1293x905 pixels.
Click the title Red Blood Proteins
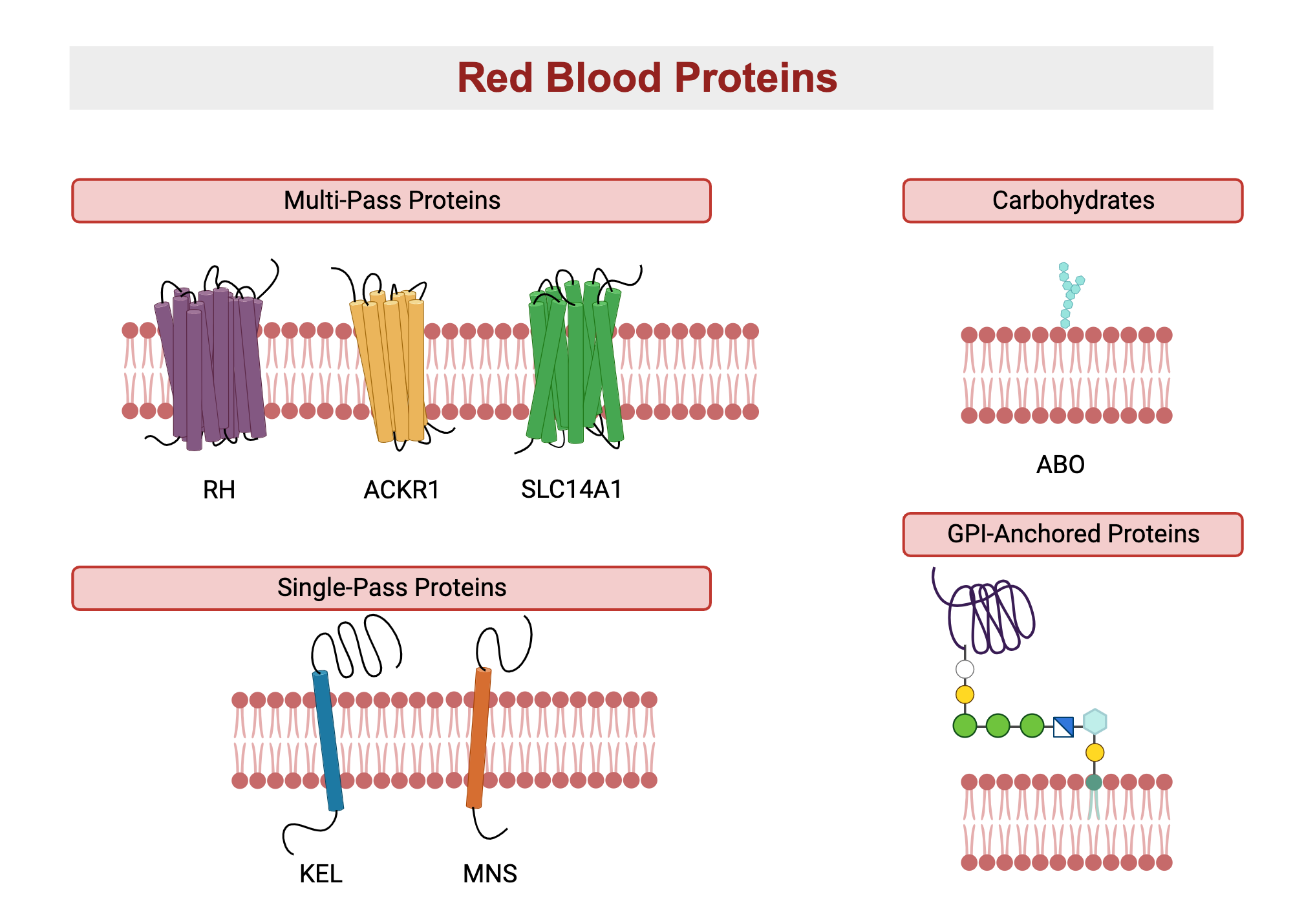(x=646, y=78)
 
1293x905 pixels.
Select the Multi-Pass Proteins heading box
(x=391, y=201)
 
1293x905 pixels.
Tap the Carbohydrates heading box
(x=1073, y=201)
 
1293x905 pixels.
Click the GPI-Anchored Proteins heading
(x=1073, y=535)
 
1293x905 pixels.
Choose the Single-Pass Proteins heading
(x=391, y=588)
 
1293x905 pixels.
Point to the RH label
(x=219, y=490)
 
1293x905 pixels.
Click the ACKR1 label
(x=401, y=490)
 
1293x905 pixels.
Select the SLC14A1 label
(x=572, y=489)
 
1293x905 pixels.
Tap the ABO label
(x=1060, y=465)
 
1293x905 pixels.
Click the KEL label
(x=321, y=874)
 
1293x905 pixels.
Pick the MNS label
(x=490, y=874)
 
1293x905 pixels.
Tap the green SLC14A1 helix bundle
(x=574, y=368)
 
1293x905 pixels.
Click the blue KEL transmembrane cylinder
(x=328, y=740)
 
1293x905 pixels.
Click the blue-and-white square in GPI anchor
(x=1063, y=727)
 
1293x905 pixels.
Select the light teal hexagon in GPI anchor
(x=1095, y=721)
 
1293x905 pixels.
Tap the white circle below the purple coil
(x=965, y=669)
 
